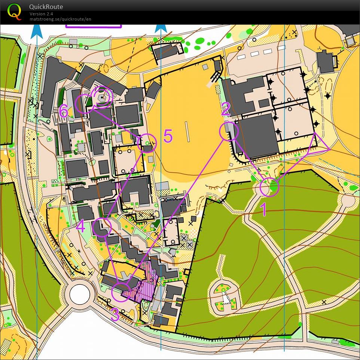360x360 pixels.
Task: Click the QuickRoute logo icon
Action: [x=14, y=11]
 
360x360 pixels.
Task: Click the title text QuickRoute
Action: [x=46, y=7]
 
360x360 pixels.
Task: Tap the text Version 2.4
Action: [x=41, y=14]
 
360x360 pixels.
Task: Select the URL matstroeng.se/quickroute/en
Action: [x=60, y=19]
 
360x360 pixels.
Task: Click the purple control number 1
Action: [x=263, y=209]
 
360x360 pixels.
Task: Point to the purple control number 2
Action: [x=226, y=110]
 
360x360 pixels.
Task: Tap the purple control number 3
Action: [x=115, y=315]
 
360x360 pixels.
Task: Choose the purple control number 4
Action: [x=80, y=226]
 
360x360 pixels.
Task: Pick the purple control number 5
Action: [x=168, y=137]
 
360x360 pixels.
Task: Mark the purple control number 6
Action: [x=64, y=111]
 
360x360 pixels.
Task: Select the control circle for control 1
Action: [x=269, y=187]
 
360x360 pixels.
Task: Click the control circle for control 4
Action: [x=102, y=227]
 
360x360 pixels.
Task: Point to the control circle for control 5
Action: [x=147, y=143]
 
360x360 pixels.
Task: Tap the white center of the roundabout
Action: [x=80, y=294]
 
